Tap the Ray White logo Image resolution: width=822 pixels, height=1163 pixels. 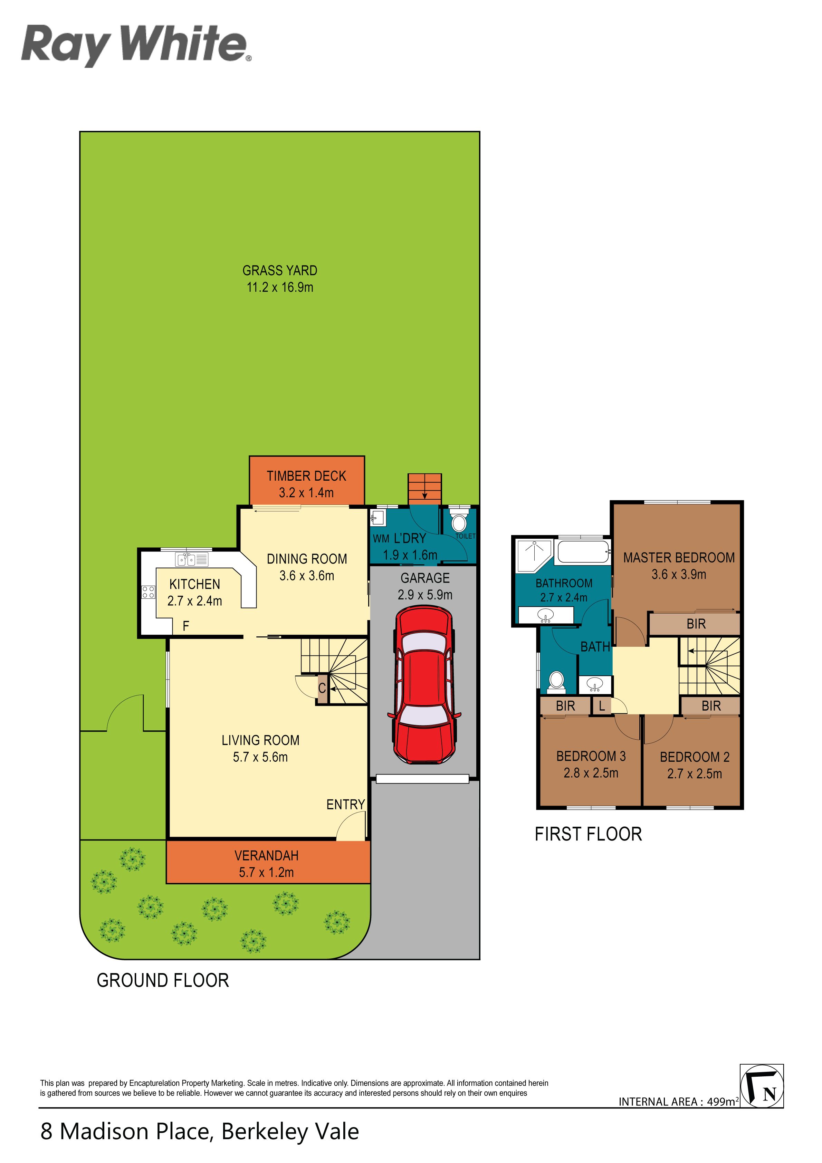[x=136, y=45]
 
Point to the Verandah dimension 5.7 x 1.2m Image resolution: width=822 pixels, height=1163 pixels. [x=267, y=872]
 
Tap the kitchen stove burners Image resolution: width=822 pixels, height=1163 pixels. [x=148, y=592]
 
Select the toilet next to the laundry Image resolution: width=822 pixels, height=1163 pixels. [x=459, y=523]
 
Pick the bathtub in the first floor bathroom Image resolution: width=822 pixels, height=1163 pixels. [x=583, y=551]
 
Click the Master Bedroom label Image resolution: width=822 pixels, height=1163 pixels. [x=679, y=558]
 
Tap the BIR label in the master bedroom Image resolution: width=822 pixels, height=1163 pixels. [x=696, y=624]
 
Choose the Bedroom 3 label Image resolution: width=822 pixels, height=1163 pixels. [x=591, y=756]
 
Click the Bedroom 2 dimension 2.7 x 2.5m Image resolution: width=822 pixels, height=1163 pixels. [x=694, y=773]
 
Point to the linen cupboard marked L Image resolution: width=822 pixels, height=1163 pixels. [x=602, y=705]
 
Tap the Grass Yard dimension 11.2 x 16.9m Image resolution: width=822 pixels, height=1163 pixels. [x=280, y=287]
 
